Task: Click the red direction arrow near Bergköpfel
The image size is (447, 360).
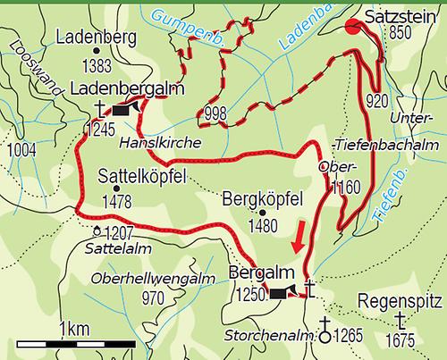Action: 299,238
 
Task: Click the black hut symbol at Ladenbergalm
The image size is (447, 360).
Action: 124,110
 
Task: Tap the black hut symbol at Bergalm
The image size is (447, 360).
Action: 281,292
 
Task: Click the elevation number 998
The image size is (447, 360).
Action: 215,114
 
